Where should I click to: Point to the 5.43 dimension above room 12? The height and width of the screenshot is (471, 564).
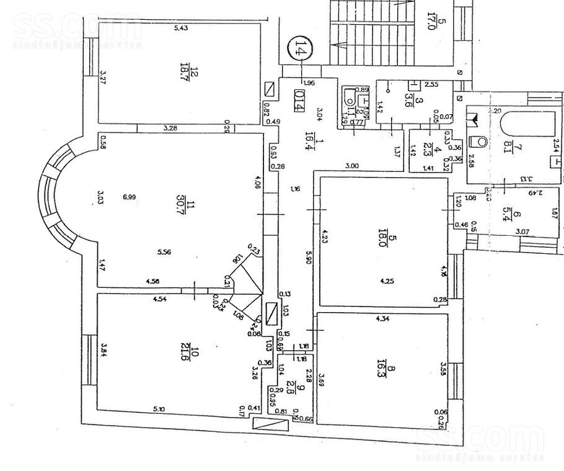(181, 29)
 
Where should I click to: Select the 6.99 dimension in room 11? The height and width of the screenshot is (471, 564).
(129, 197)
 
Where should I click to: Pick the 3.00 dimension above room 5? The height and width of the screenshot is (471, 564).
(352, 166)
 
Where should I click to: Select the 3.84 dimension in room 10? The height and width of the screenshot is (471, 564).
(105, 351)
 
